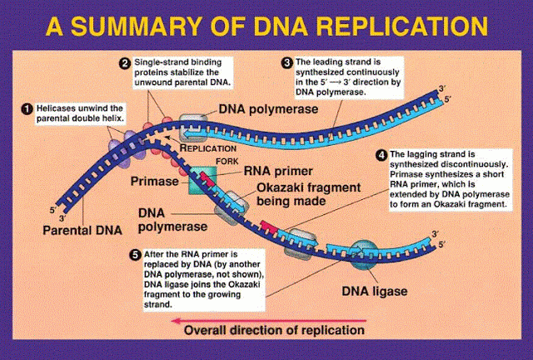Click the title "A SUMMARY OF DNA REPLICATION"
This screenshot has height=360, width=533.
tap(266, 27)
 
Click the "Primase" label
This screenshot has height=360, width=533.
tap(153, 179)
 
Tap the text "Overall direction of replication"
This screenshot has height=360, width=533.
tap(275, 330)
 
